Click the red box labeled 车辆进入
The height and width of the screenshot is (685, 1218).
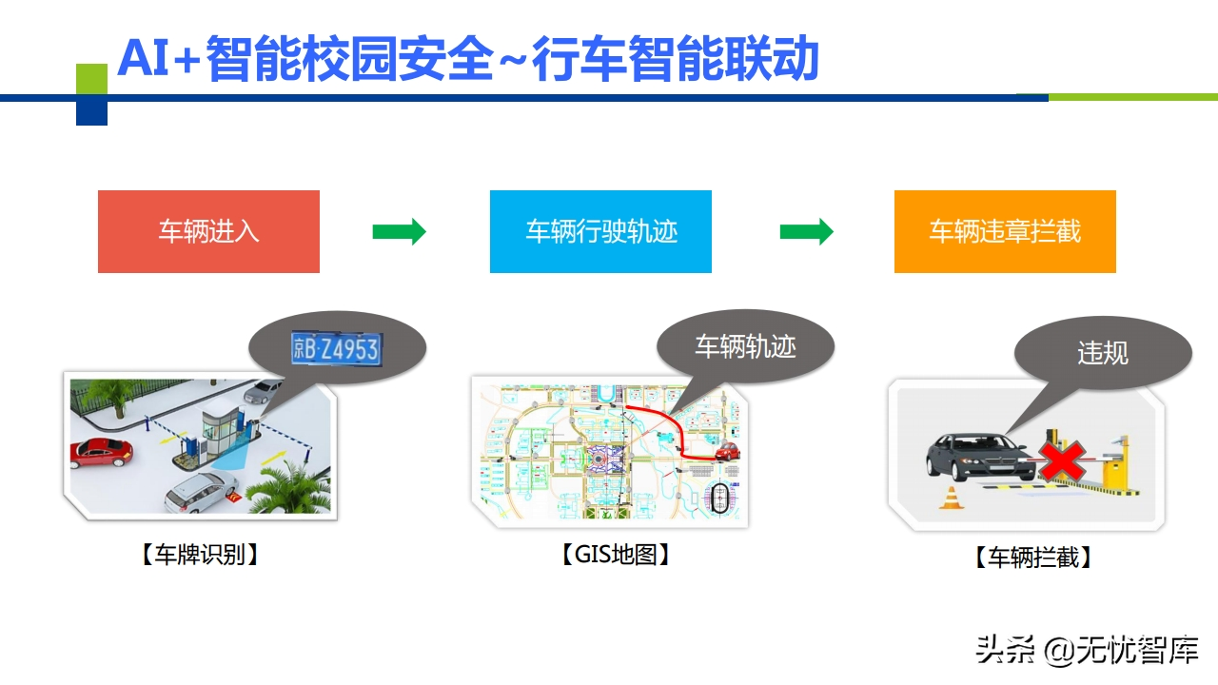[208, 231]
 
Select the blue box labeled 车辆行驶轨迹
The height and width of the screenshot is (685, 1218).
[600, 231]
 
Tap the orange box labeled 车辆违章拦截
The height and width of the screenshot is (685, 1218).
[1005, 231]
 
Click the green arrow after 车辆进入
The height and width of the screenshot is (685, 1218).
[399, 231]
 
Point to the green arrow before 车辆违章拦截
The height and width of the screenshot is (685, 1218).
[806, 231]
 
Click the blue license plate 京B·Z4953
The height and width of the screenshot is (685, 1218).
[336, 349]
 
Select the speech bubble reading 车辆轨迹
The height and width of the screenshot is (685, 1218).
[745, 346]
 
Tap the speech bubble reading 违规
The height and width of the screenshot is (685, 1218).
[1103, 353]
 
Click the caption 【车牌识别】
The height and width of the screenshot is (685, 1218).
[200, 555]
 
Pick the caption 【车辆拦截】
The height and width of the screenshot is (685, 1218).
[1032, 558]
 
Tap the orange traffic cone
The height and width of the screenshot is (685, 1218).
[950, 498]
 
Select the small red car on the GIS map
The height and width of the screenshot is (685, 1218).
[728, 450]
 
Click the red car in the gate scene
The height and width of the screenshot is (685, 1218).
[100, 453]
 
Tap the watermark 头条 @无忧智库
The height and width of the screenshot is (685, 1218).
[1087, 651]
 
